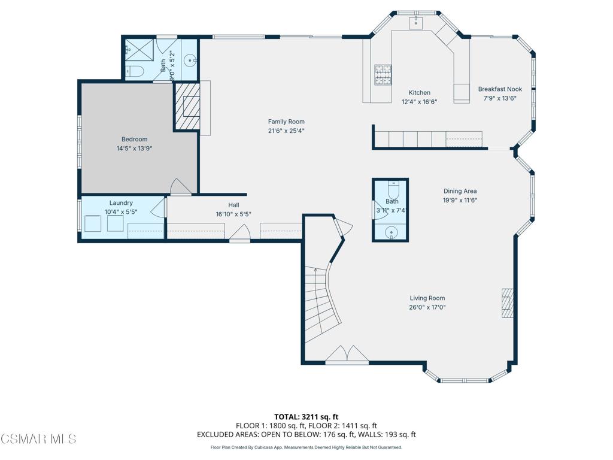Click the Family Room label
click(286, 122)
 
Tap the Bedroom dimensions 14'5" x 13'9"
click(134, 149)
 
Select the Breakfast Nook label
click(500, 89)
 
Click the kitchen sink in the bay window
click(417, 23)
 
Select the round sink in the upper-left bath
click(189, 60)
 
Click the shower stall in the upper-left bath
click(139, 50)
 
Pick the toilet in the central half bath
click(393, 190)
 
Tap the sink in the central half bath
click(392, 231)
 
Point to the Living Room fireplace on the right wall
click(507, 303)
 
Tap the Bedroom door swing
click(180, 187)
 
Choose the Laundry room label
click(121, 203)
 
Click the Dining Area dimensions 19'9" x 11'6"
click(460, 201)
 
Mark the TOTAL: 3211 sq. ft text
click(306, 416)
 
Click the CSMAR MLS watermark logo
click(38, 440)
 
